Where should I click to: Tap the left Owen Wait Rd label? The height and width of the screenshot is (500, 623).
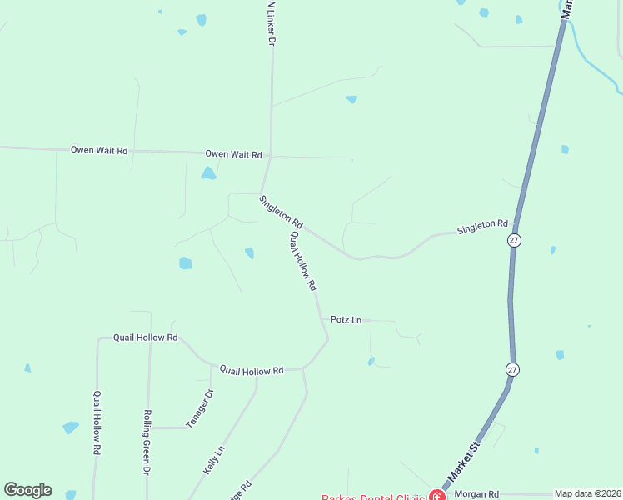(x=99, y=150)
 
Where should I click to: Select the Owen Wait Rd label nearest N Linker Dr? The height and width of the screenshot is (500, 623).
(x=234, y=155)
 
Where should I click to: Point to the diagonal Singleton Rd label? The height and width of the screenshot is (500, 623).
(x=281, y=213)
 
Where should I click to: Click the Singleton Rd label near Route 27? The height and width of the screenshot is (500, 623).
(x=482, y=225)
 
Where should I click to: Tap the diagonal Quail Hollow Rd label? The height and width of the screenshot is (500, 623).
(x=303, y=261)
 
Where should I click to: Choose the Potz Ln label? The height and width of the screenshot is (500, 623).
(x=346, y=319)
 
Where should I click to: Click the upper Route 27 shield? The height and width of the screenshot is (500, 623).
(x=514, y=240)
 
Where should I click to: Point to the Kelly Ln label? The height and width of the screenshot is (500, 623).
(x=214, y=460)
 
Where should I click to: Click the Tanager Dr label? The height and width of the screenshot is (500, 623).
(x=201, y=408)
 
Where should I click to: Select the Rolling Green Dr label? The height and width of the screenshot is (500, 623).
(x=147, y=442)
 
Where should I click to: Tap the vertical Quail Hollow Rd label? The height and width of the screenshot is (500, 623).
(x=97, y=422)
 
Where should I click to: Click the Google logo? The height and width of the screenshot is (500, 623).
(x=27, y=490)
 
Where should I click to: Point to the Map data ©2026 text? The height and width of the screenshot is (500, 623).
(x=587, y=493)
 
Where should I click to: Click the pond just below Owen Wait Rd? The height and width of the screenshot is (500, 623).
(x=208, y=173)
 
